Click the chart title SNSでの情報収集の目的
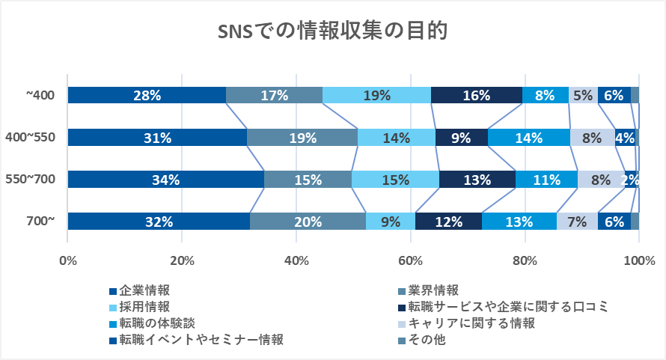coord(333,32)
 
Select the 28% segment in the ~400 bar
coord(147,95)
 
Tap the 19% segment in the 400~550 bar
coord(302,137)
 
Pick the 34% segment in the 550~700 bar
coord(165,180)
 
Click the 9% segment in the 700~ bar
coord(390,222)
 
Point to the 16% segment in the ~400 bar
coord(477,95)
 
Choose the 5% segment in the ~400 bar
coord(583,95)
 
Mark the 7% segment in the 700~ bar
coord(576,222)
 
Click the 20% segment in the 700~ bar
coord(308,222)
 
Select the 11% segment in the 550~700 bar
coord(546,180)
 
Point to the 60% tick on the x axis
coord(410,261)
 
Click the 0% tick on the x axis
coord(68,261)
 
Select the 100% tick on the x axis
coord(638,261)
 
